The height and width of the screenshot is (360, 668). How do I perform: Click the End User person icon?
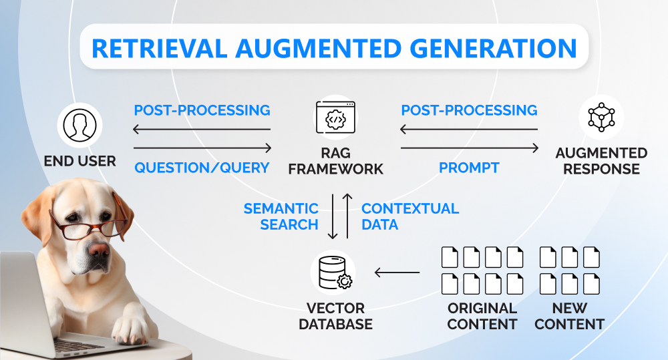coord(79,124)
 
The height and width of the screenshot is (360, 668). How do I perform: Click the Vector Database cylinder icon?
coord(333,273)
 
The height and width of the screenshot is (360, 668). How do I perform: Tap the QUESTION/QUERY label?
coord(202,168)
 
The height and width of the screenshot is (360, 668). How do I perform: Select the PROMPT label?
coord(469,168)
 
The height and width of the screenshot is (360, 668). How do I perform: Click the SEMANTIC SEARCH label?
coord(281,216)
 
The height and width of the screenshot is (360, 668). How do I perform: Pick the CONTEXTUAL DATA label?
coord(409,216)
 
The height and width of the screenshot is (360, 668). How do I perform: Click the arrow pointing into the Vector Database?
coord(397,272)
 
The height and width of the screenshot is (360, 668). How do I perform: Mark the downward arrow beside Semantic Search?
coord(332,215)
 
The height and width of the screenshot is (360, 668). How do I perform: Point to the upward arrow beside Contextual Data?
coord(347,215)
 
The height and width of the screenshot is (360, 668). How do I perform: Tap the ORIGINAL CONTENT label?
coord(482,316)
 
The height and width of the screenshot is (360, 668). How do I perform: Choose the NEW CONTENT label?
coord(570,316)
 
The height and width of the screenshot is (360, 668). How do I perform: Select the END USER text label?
coord(79,161)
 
